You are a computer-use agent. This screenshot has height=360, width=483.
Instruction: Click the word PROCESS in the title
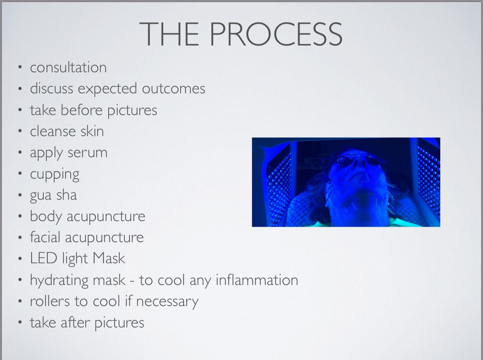(x=276, y=34)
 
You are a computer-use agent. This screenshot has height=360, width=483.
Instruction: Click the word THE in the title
(x=169, y=34)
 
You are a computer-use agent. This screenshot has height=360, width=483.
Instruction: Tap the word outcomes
(x=174, y=89)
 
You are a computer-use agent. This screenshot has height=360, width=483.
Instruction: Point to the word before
(x=81, y=110)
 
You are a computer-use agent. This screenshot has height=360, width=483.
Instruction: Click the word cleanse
(x=53, y=131)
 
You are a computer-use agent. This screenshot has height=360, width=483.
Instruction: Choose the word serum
(x=87, y=153)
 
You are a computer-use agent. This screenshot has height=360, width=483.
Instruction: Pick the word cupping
(x=55, y=175)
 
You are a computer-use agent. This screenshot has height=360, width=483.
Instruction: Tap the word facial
(x=45, y=237)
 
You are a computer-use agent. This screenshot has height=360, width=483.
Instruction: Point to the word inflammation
(x=257, y=280)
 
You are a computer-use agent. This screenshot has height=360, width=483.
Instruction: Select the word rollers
(x=50, y=301)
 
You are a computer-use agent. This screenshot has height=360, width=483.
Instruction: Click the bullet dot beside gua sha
(x=20, y=195)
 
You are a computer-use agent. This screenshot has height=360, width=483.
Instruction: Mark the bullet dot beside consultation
(x=20, y=67)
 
